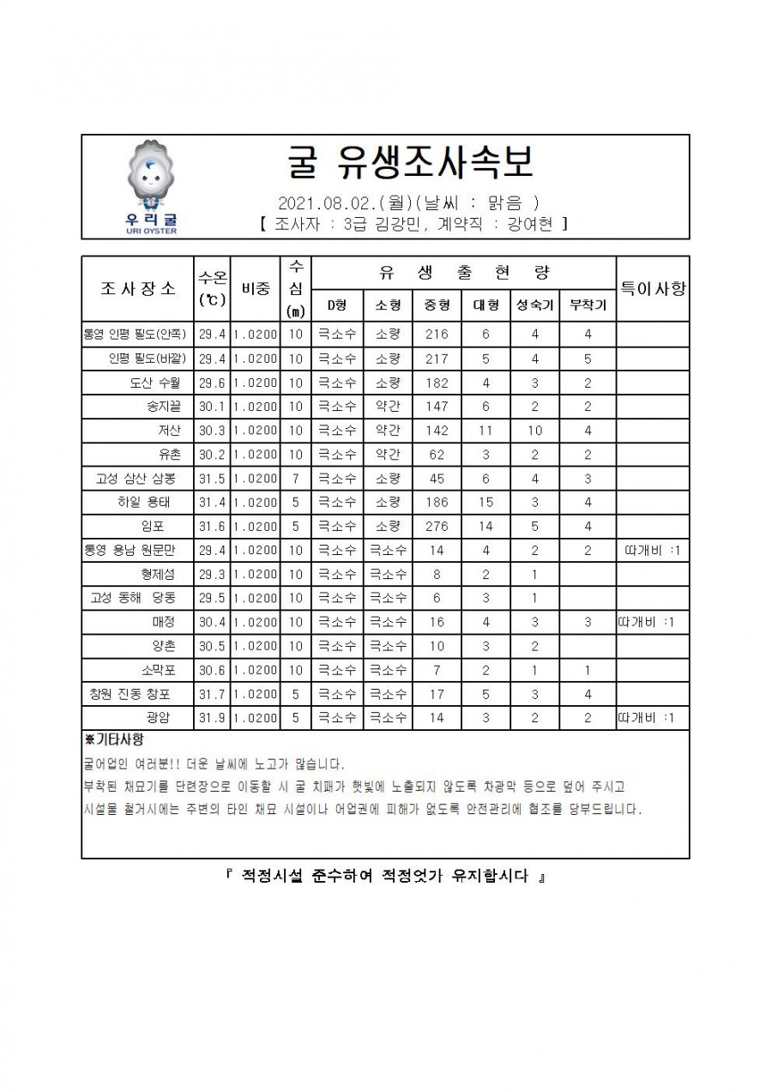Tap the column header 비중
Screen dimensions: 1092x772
[254, 288]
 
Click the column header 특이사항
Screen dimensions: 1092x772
[652, 288]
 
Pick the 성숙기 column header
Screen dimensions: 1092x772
[534, 305]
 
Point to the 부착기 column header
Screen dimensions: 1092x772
[588, 305]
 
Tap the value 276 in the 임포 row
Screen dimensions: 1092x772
[437, 526]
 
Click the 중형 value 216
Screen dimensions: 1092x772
[437, 335]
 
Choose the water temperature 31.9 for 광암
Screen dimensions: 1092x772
[212, 718]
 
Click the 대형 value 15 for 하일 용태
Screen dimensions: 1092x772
[486, 502]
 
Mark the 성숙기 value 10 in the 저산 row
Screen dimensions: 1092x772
[534, 431]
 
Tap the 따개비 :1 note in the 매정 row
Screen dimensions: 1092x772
[652, 622]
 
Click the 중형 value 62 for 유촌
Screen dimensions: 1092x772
[437, 455]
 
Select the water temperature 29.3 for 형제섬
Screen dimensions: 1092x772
[212, 574]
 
